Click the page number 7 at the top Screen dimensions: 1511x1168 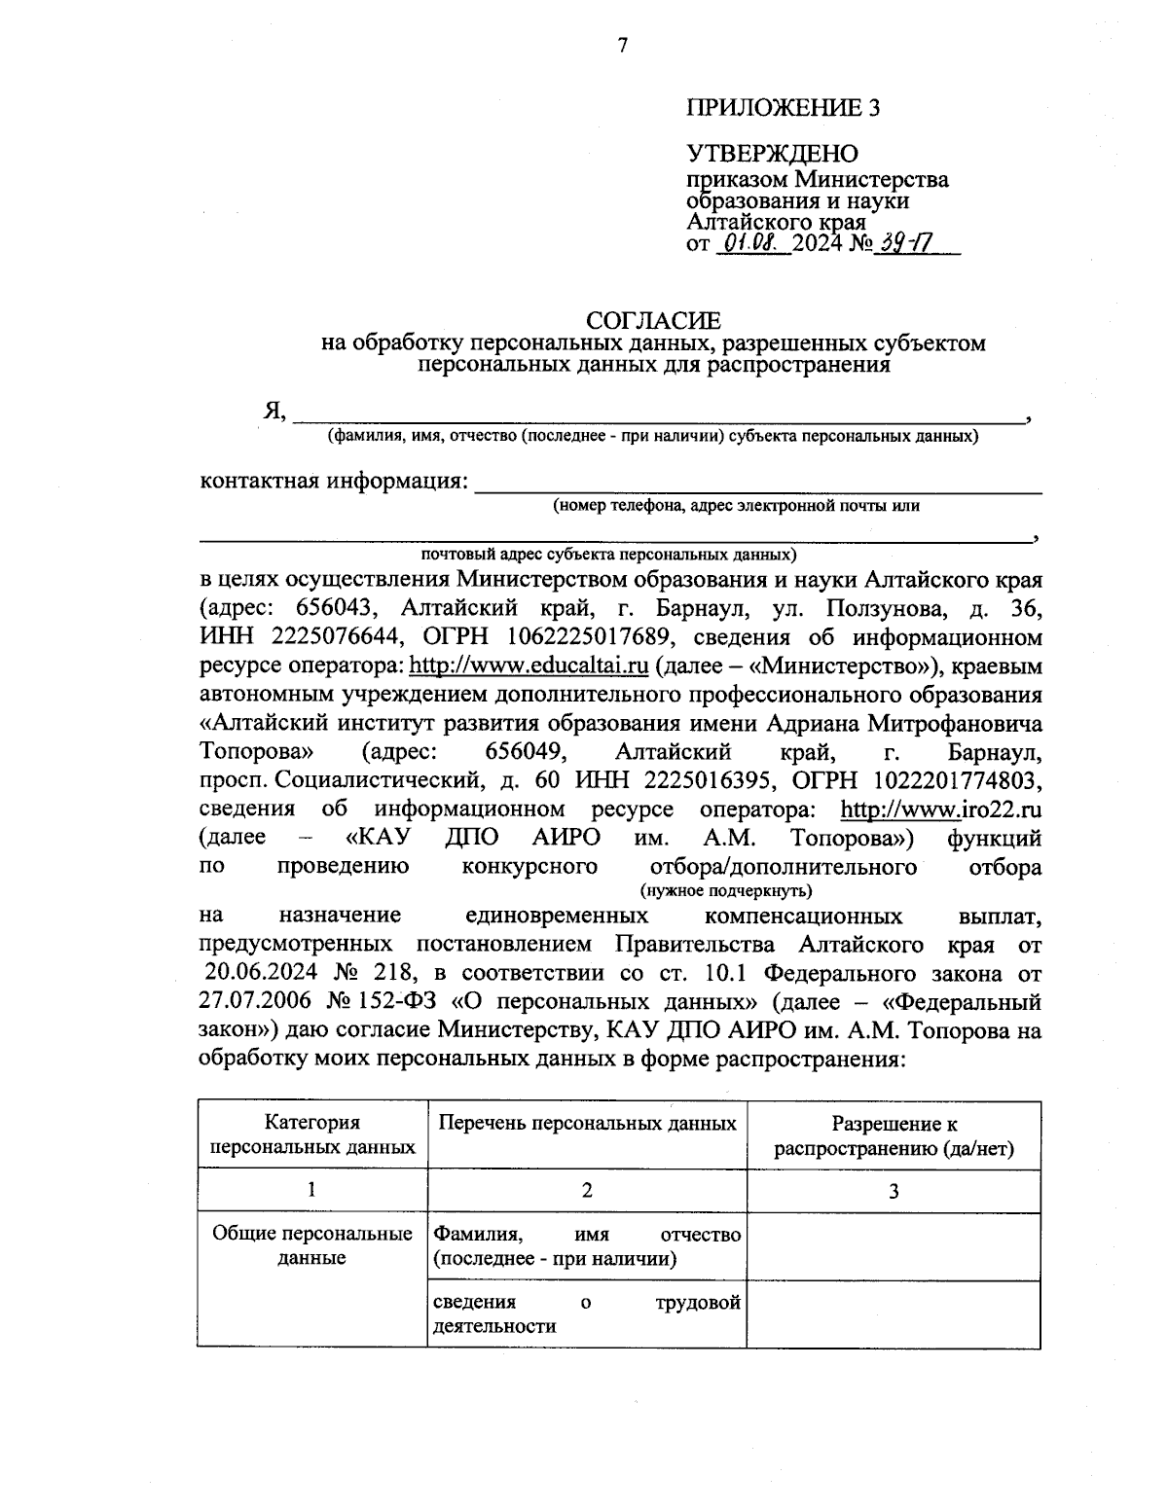click(623, 45)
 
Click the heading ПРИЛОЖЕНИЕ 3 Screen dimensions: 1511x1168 click(784, 108)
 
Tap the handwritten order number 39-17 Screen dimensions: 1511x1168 click(901, 243)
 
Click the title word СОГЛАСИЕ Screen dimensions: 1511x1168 click(653, 320)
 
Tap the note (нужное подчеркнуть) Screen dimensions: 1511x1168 click(726, 890)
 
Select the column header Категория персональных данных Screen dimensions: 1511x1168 click(312, 1135)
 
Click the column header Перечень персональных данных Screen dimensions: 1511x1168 click(587, 1124)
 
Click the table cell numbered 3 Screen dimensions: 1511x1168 click(894, 1190)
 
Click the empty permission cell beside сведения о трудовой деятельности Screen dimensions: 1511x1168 click(894, 1314)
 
